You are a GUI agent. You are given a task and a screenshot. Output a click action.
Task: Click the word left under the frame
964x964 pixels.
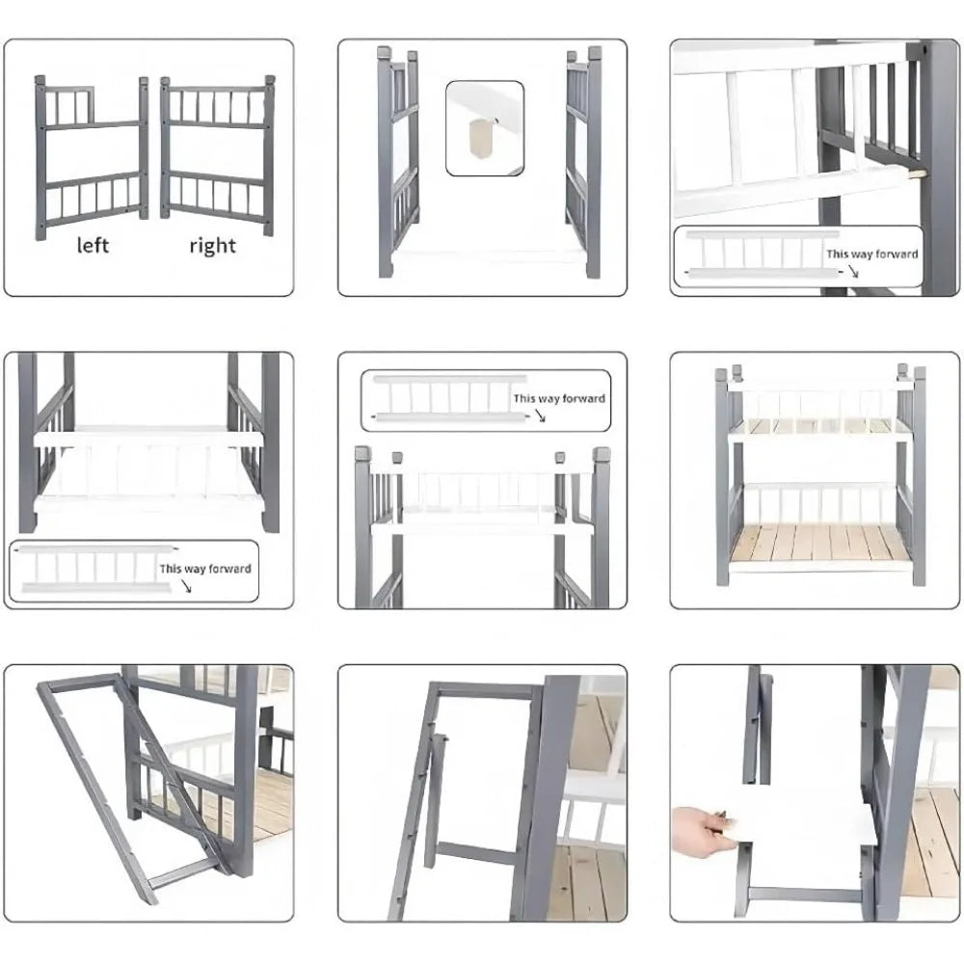pyautogui.click(x=92, y=245)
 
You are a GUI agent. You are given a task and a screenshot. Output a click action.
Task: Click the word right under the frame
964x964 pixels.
pyautogui.click(x=212, y=245)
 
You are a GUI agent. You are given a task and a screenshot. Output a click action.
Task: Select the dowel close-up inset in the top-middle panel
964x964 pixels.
pyautogui.click(x=485, y=128)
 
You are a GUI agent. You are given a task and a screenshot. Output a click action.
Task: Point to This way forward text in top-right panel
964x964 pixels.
pyautogui.click(x=871, y=254)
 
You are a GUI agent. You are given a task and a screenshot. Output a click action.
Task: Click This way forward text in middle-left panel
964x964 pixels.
pyautogui.click(x=205, y=569)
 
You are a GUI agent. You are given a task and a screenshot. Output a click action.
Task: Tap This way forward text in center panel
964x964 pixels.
pyautogui.click(x=559, y=397)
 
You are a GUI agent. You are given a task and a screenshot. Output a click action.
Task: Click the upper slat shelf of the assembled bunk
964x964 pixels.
pyautogui.click(x=819, y=427)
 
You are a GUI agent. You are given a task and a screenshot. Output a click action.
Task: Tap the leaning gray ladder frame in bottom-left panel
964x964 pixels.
pyautogui.click(x=125, y=781)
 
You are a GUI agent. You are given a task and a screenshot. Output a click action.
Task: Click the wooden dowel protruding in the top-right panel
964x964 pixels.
pyautogui.click(x=916, y=174)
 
